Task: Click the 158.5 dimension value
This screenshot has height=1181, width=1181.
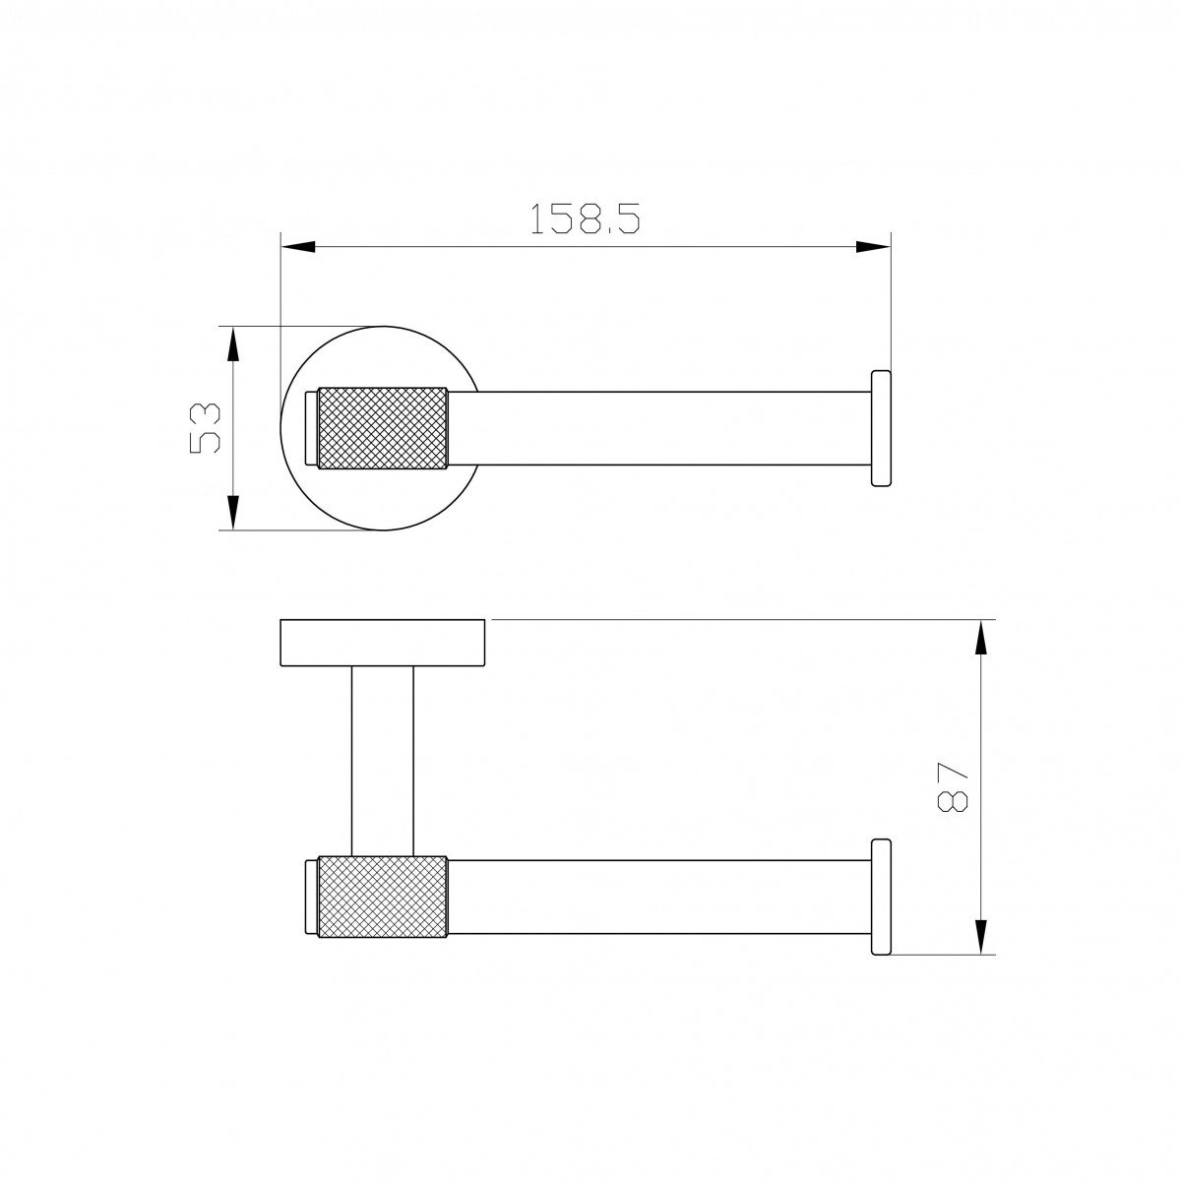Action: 585,218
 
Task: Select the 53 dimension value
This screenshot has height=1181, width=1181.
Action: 205,427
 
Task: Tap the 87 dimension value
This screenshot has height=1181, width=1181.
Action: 952,787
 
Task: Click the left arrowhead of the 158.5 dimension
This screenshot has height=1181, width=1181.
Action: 298,247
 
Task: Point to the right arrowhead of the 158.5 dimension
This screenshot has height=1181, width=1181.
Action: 873,247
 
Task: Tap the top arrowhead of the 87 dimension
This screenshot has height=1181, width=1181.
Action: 981,638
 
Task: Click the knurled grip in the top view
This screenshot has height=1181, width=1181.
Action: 382,428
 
